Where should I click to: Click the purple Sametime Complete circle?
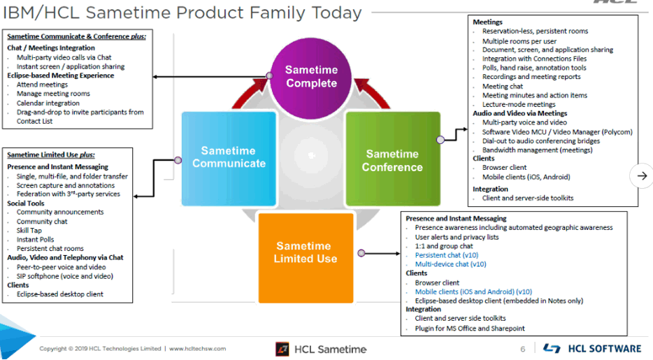[311, 77]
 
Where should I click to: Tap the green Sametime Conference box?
[392, 160]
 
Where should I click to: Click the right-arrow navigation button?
[641, 176]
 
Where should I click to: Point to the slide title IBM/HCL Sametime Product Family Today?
[182, 13]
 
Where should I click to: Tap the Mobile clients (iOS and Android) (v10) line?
[473, 291]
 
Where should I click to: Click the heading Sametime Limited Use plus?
[51, 154]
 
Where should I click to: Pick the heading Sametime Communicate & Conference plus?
[76, 36]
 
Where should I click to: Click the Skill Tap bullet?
[29, 230]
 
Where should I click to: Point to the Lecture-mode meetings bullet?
[519, 104]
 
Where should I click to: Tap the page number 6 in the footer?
[522, 349]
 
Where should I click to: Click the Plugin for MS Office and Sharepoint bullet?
[469, 328]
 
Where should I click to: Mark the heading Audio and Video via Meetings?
[519, 113]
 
